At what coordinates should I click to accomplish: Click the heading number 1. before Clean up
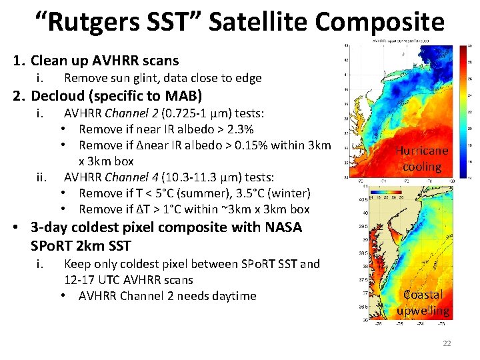19,61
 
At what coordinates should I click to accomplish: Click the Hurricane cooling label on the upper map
421,159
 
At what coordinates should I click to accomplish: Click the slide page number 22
447,343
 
